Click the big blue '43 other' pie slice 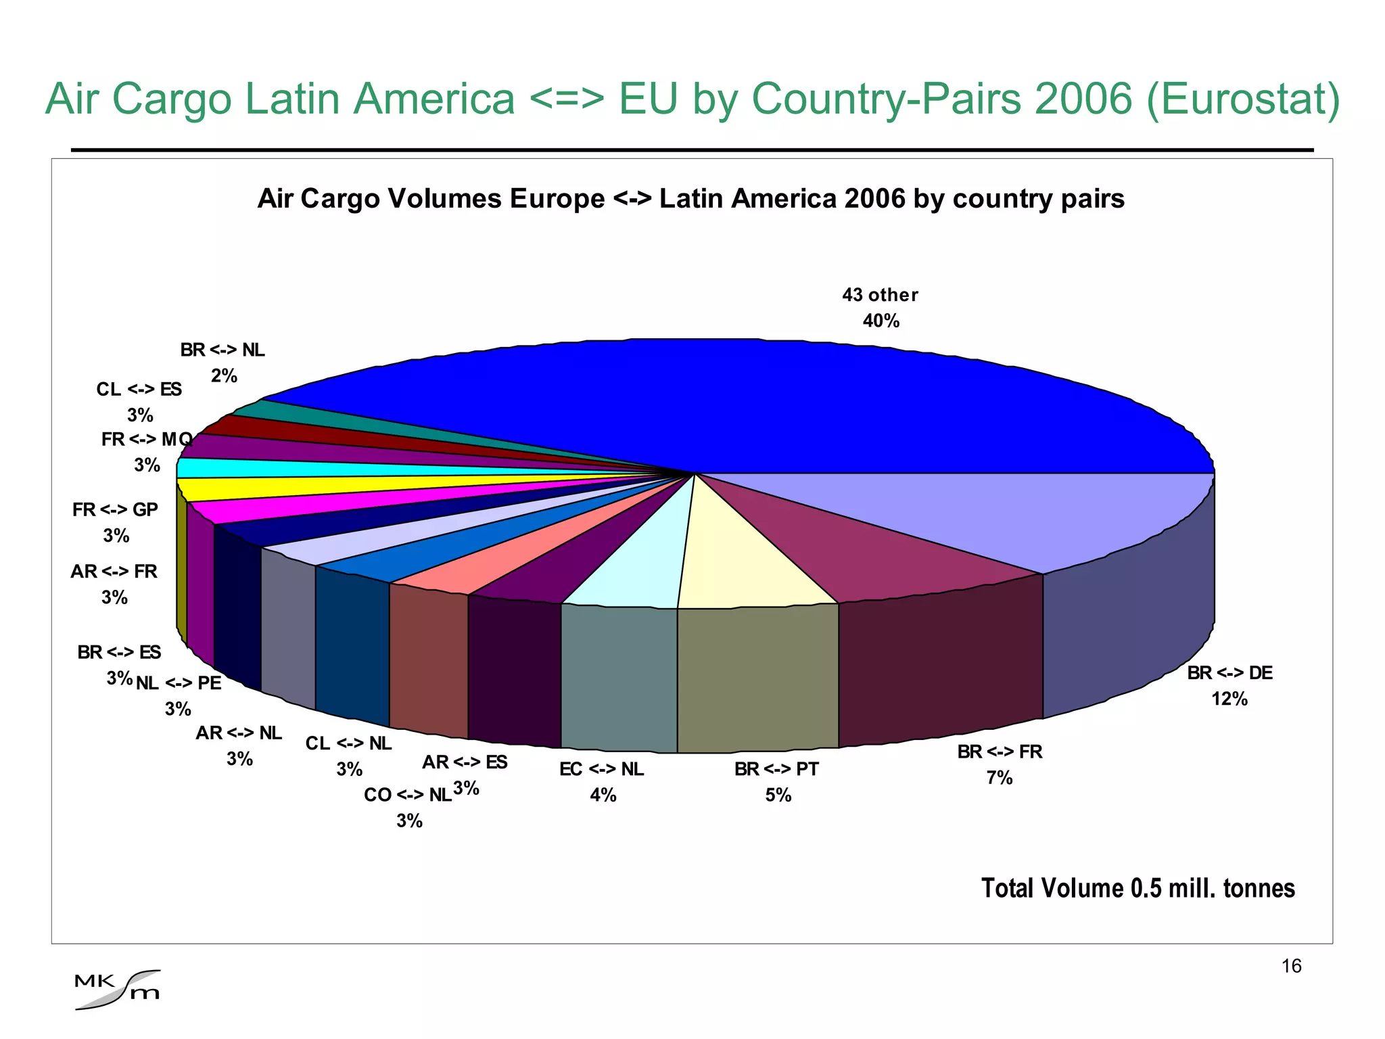(x=744, y=406)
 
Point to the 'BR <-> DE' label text (x=1229, y=673)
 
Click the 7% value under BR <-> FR (x=1000, y=778)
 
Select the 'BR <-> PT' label (x=776, y=769)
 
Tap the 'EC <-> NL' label (x=601, y=769)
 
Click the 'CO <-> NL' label (x=408, y=795)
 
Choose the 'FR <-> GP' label (x=115, y=509)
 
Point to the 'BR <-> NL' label (x=222, y=350)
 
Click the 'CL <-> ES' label (x=139, y=390)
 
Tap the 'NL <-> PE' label (x=179, y=683)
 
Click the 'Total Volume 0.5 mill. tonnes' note (x=1137, y=888)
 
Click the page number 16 (x=1291, y=966)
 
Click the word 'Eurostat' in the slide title (x=1243, y=99)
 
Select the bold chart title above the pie (x=690, y=199)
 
